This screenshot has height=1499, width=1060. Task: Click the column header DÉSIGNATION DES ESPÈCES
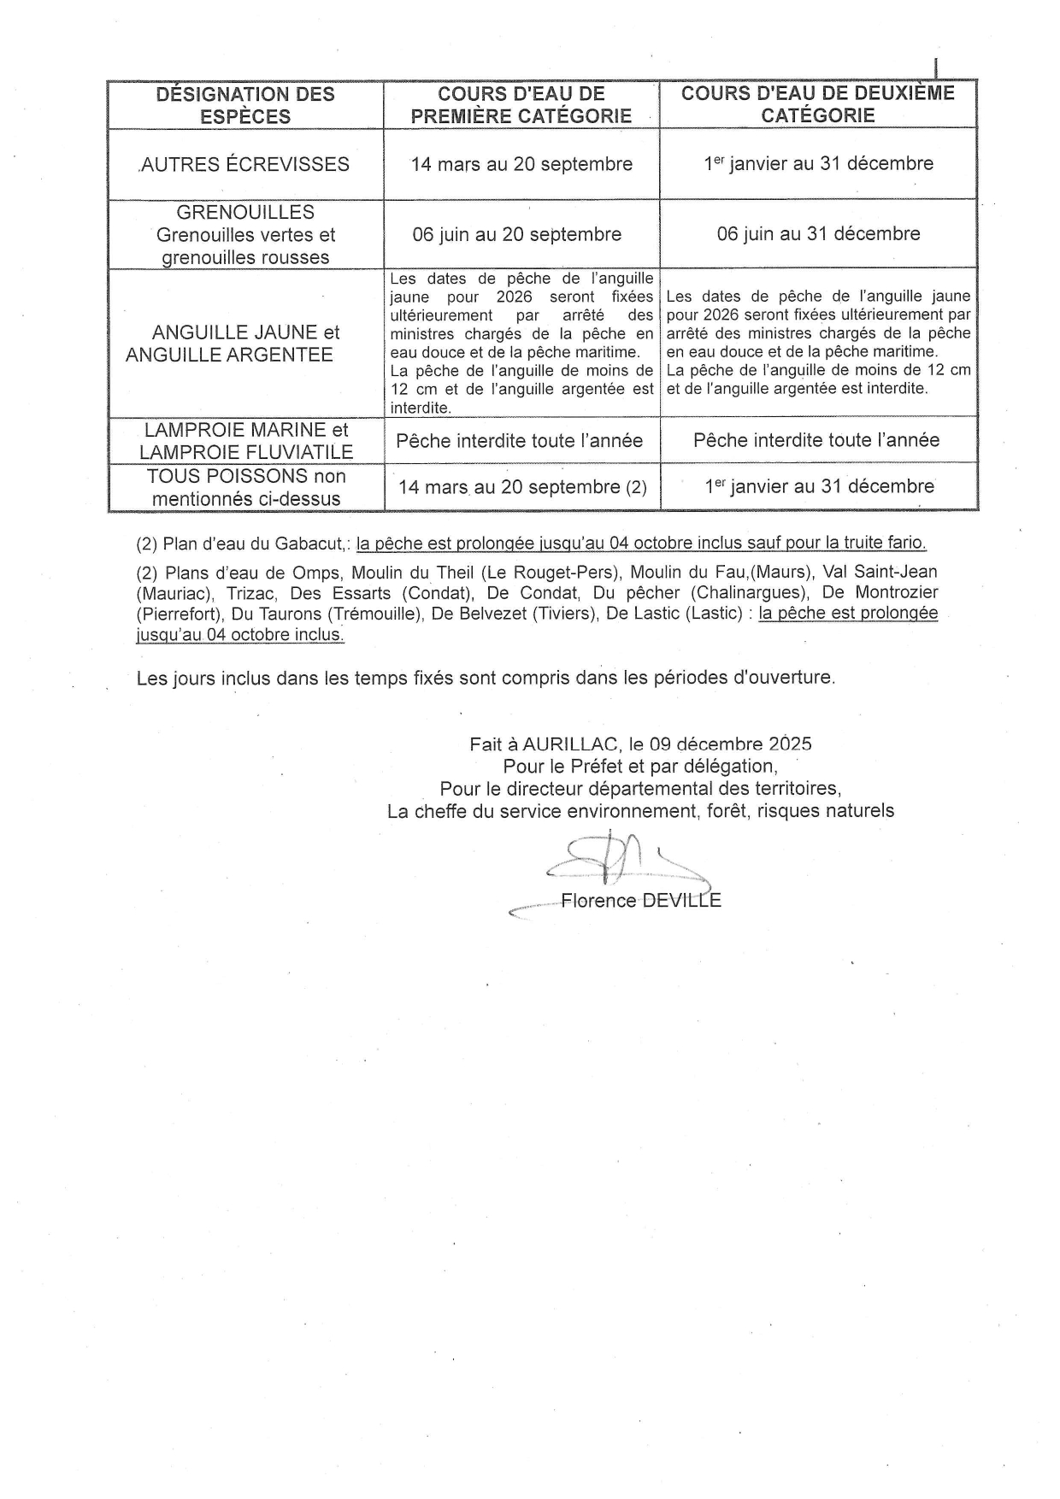pyautogui.click(x=245, y=105)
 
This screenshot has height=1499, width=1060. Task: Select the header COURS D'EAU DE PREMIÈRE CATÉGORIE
pyautogui.click(x=521, y=105)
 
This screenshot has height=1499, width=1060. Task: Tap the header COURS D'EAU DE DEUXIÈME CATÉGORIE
pyautogui.click(x=818, y=104)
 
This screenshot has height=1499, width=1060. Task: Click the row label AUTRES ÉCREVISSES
pyautogui.click(x=245, y=164)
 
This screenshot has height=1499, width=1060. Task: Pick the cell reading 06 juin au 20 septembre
pyautogui.click(x=517, y=234)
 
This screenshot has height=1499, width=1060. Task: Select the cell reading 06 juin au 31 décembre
pyautogui.click(x=818, y=233)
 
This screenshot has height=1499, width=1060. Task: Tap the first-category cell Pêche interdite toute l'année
pyautogui.click(x=519, y=441)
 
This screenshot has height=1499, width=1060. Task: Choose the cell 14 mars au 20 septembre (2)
pyautogui.click(x=522, y=487)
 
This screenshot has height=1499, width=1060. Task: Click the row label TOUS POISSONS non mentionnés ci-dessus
pyautogui.click(x=246, y=487)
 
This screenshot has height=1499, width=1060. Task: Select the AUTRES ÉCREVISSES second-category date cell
pyautogui.click(x=818, y=163)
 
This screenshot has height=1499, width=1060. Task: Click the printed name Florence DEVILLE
pyautogui.click(x=640, y=901)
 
